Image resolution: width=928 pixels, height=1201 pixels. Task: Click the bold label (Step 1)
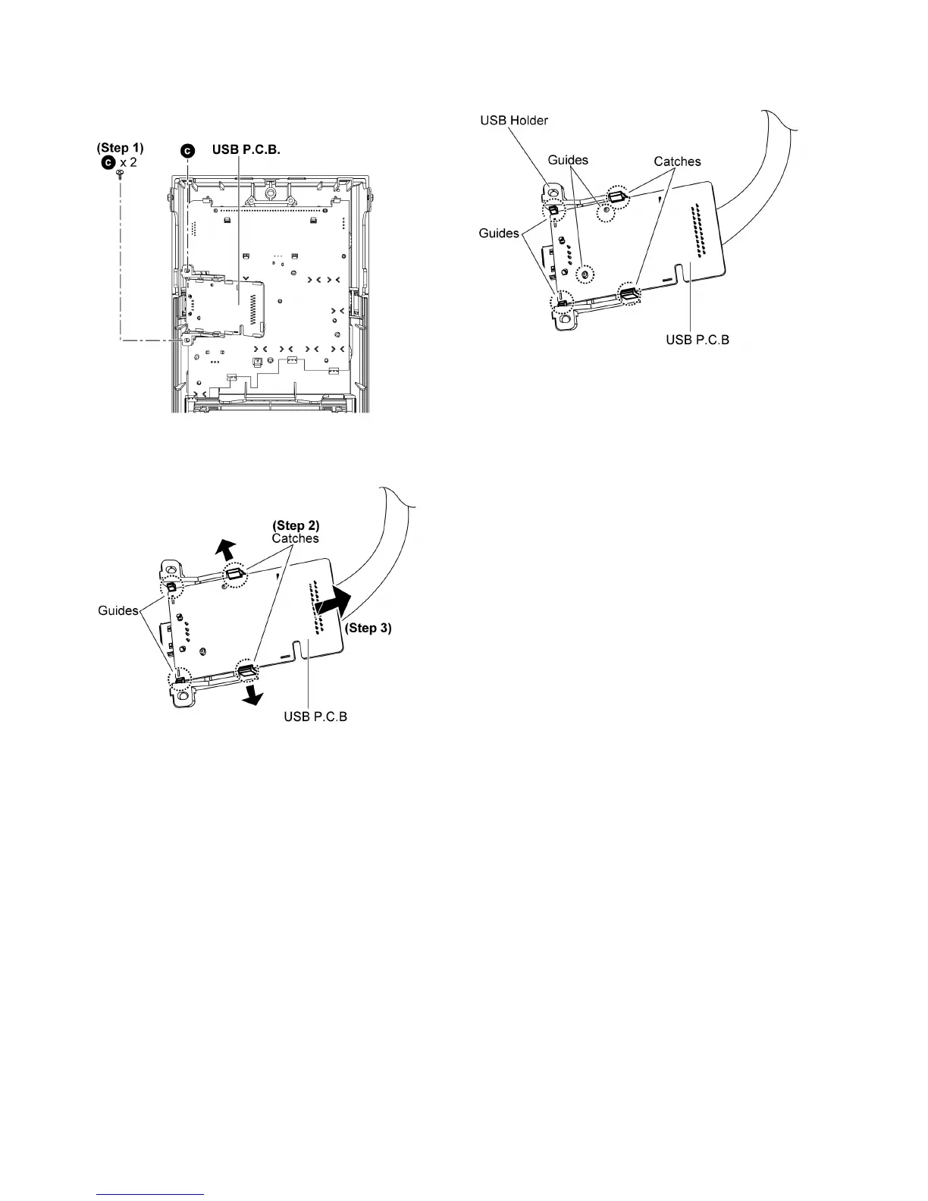[x=120, y=148]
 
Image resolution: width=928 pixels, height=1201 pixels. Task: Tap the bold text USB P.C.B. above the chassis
[x=246, y=150]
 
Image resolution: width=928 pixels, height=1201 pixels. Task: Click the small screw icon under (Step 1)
[x=120, y=175]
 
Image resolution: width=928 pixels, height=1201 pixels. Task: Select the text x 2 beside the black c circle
[x=127, y=162]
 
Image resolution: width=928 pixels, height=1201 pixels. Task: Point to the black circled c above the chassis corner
[x=188, y=151]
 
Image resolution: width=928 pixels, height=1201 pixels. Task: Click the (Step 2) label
[x=296, y=525]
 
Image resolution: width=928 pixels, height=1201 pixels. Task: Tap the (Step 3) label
[x=368, y=628]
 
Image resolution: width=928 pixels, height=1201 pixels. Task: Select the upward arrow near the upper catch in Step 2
[x=226, y=547]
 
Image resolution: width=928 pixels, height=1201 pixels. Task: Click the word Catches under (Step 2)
[x=296, y=538]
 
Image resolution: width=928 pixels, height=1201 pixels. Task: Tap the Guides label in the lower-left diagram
[x=118, y=610]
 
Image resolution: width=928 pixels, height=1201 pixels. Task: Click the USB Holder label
[x=513, y=121]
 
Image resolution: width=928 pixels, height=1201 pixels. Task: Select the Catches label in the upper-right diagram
[x=677, y=161]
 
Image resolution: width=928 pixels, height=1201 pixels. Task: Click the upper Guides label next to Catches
[x=568, y=160]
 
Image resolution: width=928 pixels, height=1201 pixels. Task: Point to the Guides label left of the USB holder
[x=498, y=233]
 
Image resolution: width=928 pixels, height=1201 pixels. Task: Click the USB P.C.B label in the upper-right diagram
[x=698, y=339]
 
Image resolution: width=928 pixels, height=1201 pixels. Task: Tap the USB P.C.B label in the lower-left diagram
[x=315, y=717]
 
